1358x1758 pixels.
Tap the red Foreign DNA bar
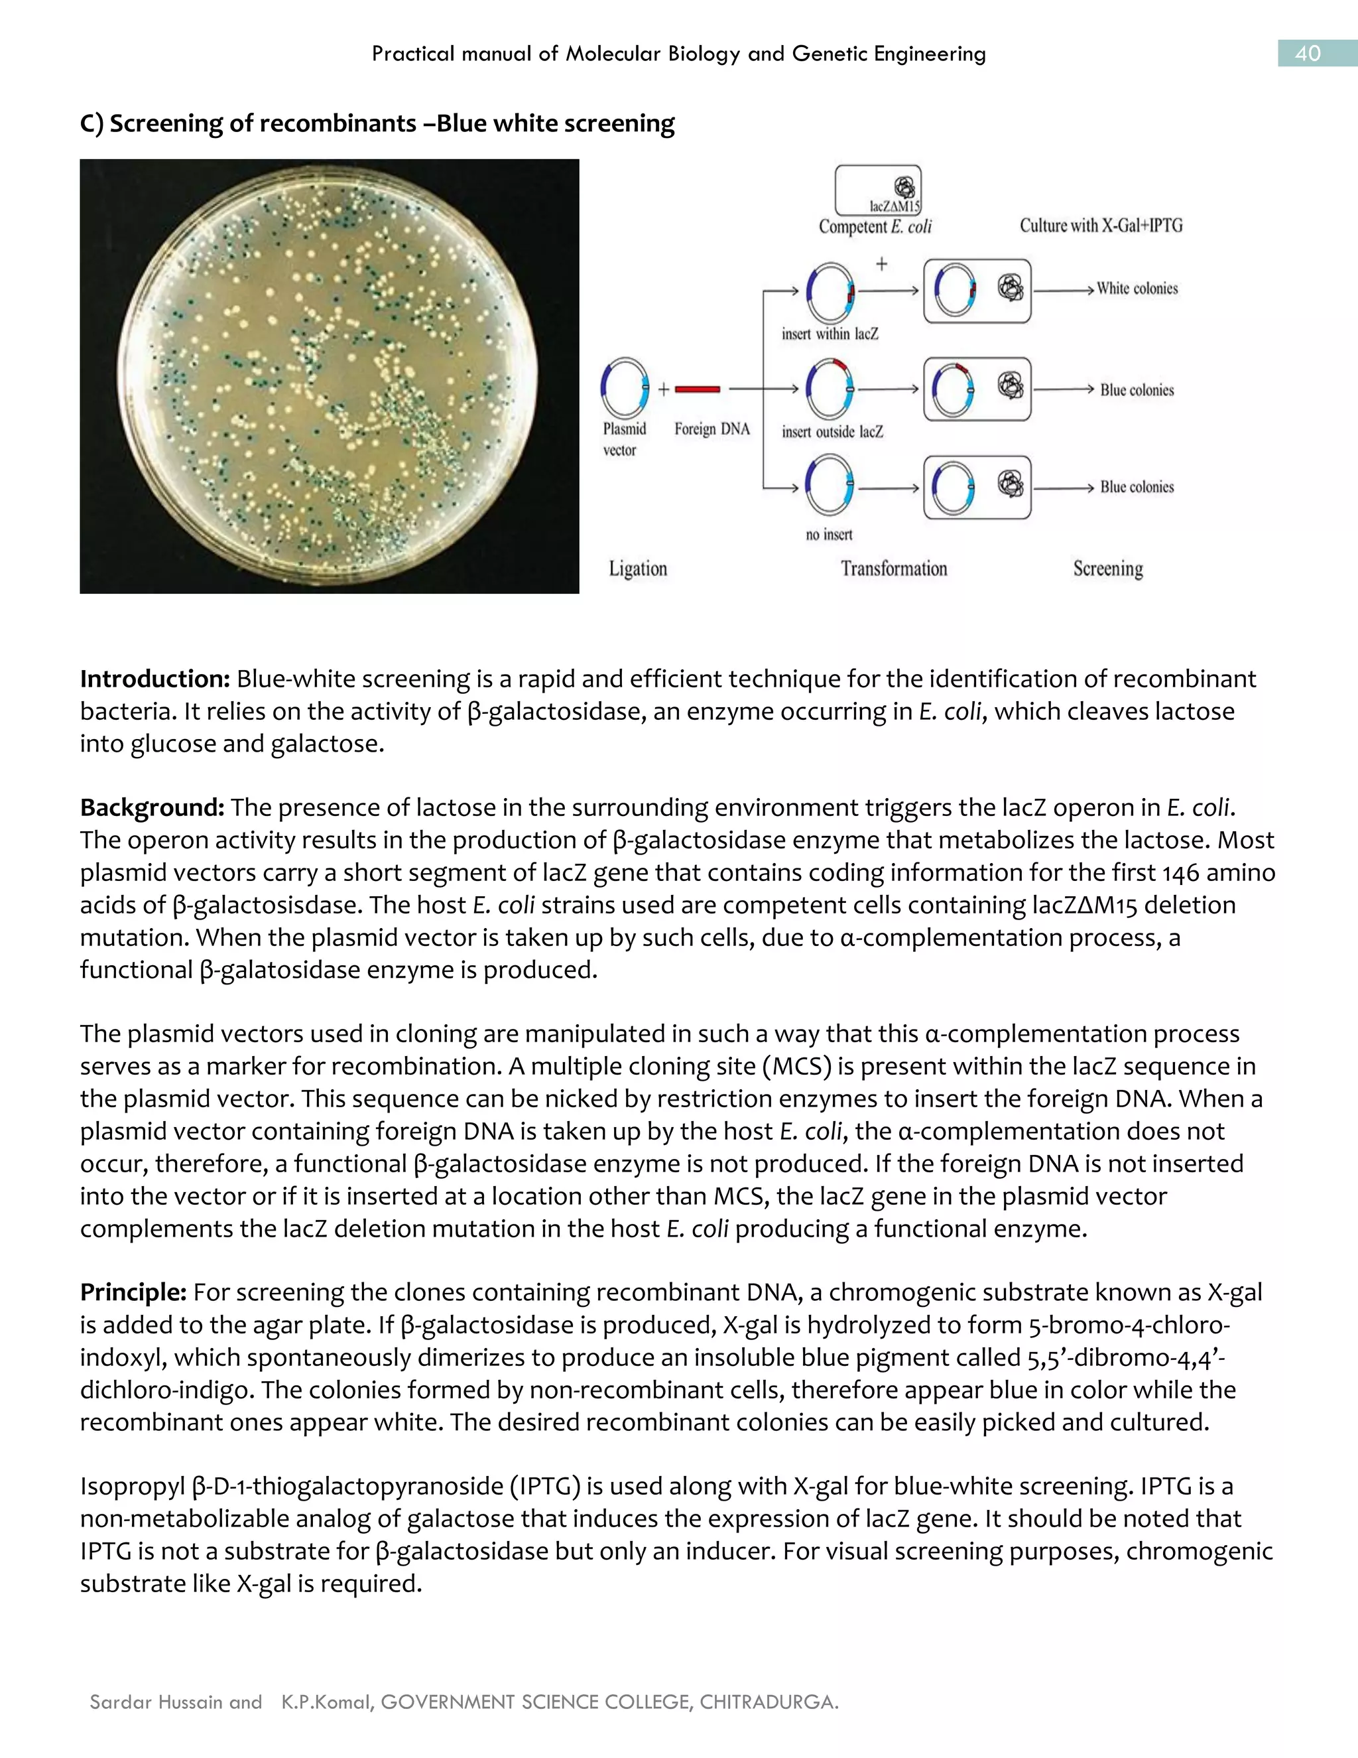(698, 389)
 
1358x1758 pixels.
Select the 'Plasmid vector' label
(624, 439)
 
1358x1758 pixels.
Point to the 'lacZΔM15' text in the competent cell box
(894, 207)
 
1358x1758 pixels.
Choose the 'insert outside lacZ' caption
(832, 433)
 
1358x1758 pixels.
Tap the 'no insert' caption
(829, 535)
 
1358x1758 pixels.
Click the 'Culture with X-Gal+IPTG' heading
(1101, 226)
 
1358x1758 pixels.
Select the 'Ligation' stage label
(638, 569)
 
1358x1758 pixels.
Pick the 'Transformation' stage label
(894, 569)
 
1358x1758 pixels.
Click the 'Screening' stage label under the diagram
(1108, 569)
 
